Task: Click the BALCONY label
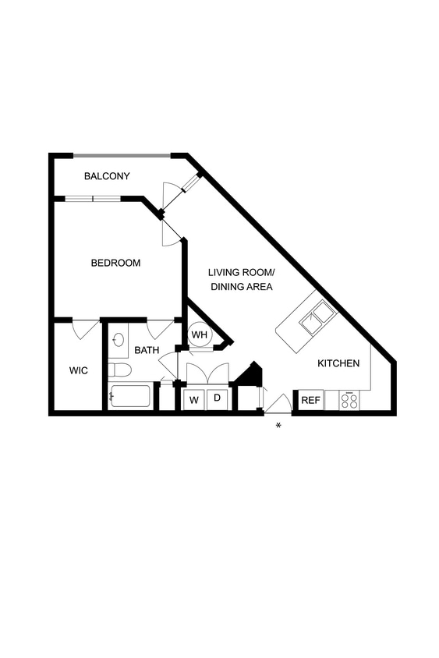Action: (107, 176)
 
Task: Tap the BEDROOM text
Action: (115, 263)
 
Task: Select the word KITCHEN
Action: (338, 363)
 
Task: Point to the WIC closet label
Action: (78, 370)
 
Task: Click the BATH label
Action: (147, 350)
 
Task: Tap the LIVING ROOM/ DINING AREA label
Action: (240, 279)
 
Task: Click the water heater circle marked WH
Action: (200, 335)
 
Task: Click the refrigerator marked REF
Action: (310, 400)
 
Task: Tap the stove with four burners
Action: (349, 401)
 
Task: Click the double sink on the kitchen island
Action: (318, 319)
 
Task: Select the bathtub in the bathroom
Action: (129, 396)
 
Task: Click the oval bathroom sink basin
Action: (119, 340)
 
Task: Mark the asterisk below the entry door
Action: (278, 425)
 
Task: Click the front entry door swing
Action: (278, 404)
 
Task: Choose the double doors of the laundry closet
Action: (207, 373)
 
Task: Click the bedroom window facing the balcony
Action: (92, 199)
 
